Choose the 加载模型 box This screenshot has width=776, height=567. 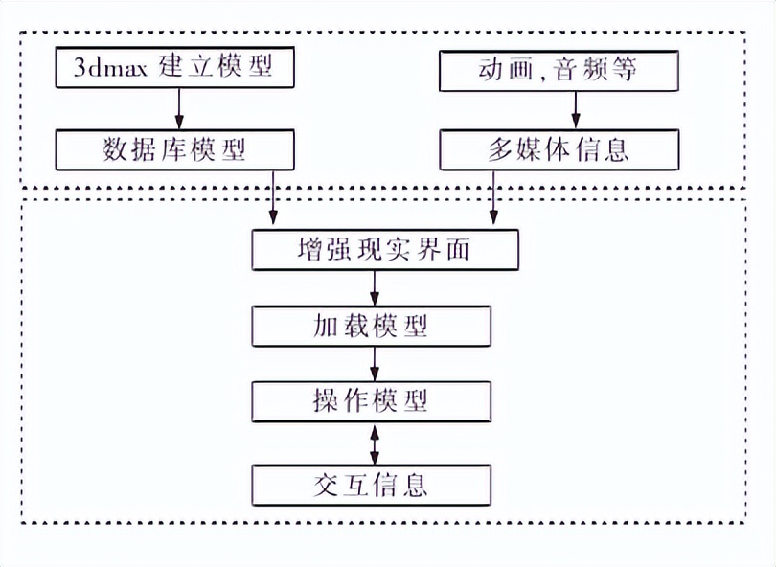pos(371,326)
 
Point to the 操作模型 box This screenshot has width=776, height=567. pos(371,401)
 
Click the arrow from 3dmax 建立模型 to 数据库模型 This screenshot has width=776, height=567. pos(178,110)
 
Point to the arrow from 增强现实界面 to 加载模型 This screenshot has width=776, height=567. pos(375,288)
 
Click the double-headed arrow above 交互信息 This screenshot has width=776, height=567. pos(375,442)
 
